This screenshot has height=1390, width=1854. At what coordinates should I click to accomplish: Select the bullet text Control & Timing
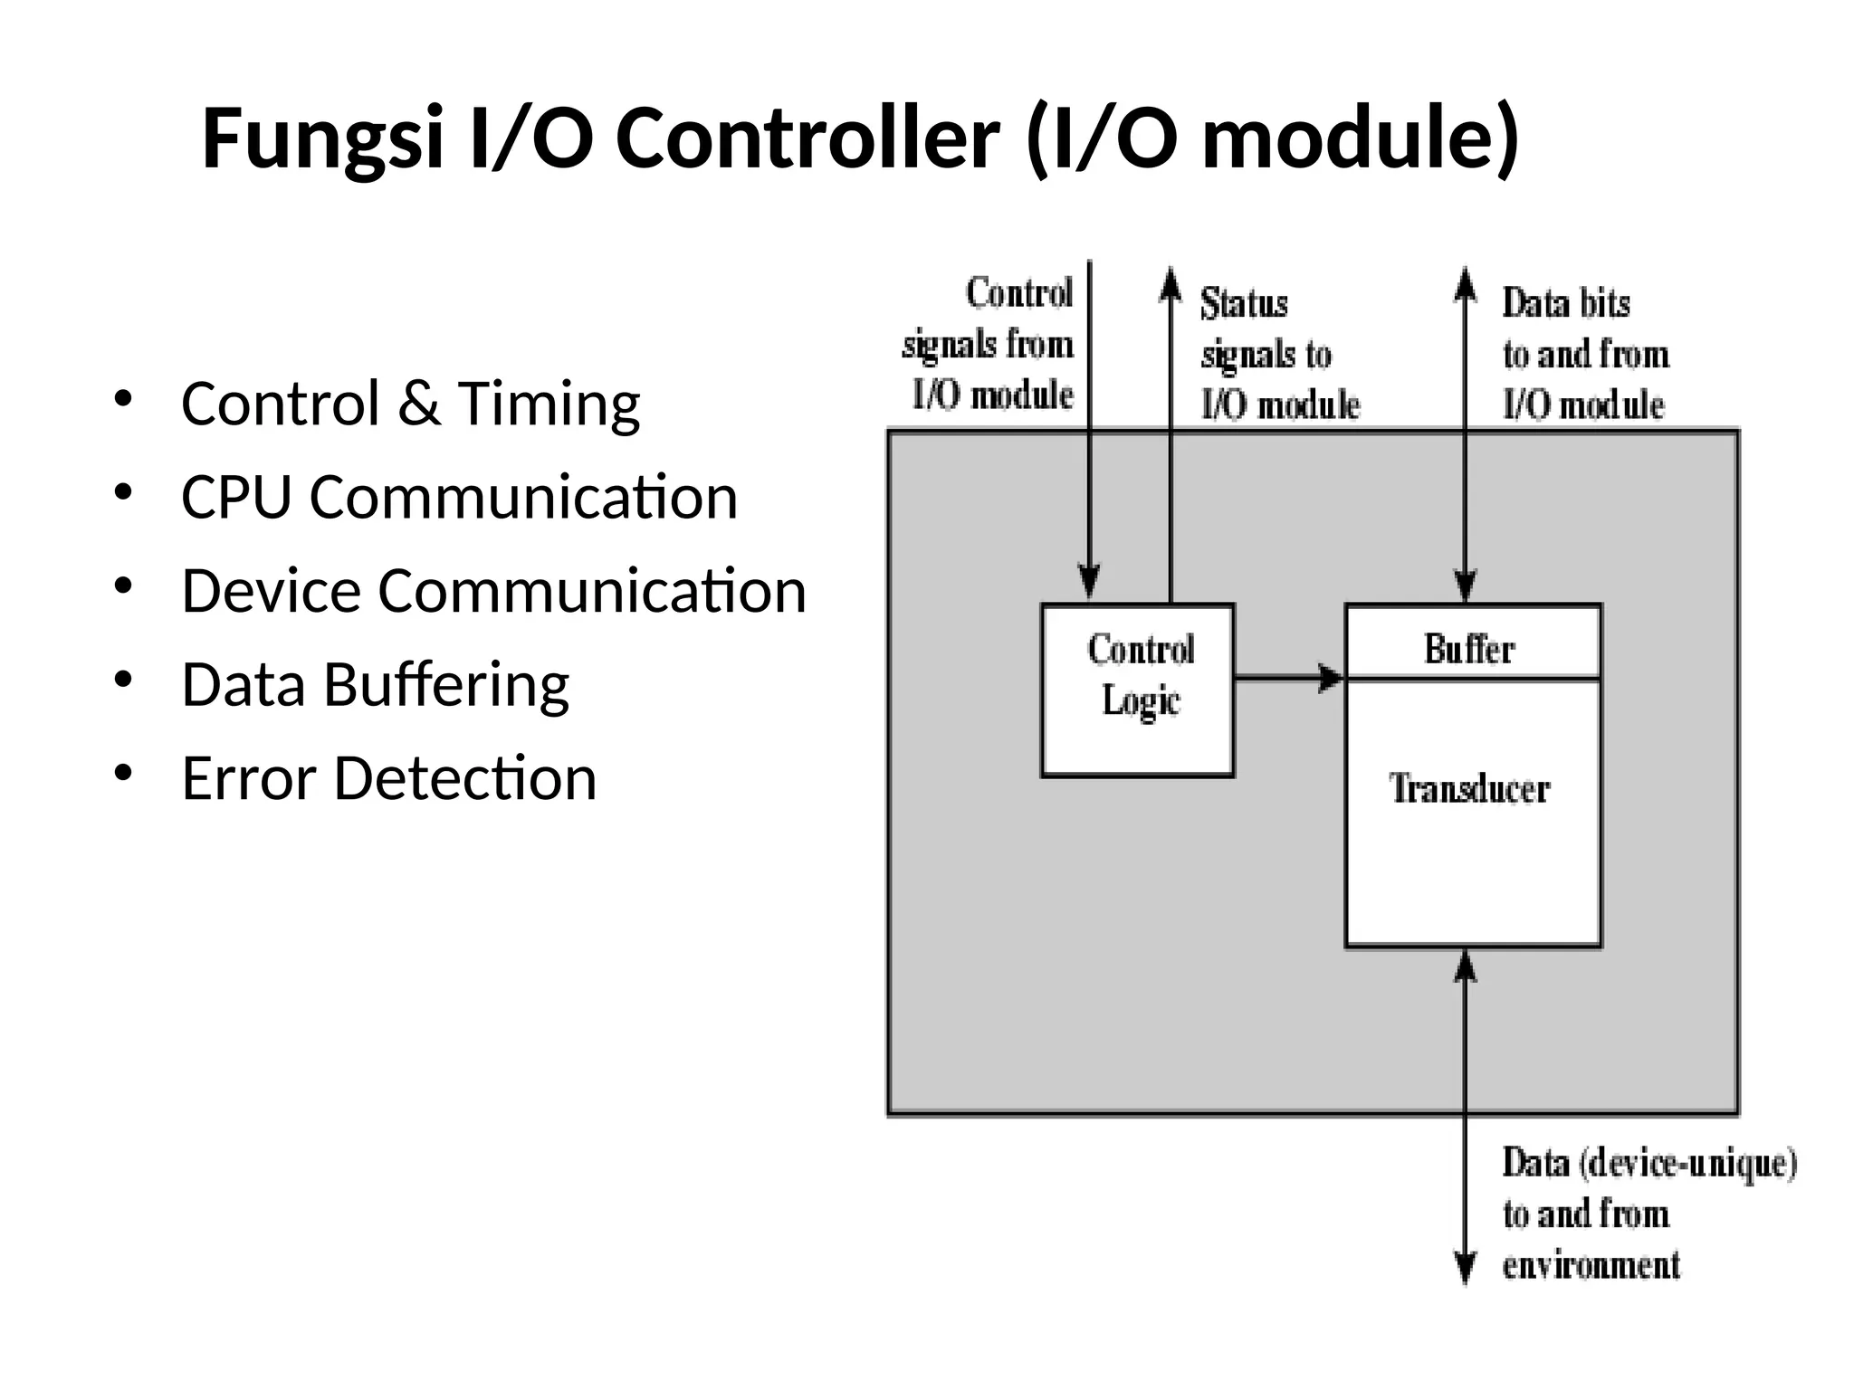[x=410, y=404]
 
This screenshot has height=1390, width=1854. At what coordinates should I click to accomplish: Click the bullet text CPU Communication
[x=459, y=498]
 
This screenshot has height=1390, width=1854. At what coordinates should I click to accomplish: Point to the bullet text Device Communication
[x=493, y=591]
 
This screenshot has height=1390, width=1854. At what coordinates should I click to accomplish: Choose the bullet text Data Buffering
[x=375, y=685]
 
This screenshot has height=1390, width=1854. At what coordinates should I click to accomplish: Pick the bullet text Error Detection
[x=388, y=778]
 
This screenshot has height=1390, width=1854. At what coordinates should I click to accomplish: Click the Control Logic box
[x=1138, y=690]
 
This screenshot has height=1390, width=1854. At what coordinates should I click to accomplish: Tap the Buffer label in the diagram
[x=1469, y=649]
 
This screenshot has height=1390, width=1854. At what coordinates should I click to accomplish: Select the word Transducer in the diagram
[x=1469, y=788]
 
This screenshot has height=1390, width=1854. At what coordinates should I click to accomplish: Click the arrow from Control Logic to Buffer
[x=1289, y=677]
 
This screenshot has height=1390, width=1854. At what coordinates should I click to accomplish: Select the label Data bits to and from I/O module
[x=1584, y=354]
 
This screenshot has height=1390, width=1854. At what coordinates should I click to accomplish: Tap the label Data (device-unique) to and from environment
[x=1648, y=1214]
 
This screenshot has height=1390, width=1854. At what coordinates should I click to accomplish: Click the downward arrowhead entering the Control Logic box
[x=1089, y=580]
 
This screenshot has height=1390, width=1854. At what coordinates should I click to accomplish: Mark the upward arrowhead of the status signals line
[x=1171, y=282]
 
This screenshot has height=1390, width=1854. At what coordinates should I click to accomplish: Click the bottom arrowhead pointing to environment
[x=1465, y=1267]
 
